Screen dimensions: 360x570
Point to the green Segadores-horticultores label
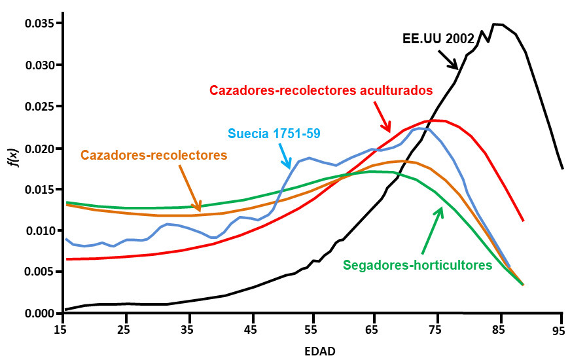(x=418, y=265)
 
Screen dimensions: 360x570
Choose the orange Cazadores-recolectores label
(x=154, y=155)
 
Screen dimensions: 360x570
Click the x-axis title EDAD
(x=320, y=351)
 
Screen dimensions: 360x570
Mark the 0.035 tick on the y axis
(x=39, y=24)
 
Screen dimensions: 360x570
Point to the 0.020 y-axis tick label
(x=39, y=148)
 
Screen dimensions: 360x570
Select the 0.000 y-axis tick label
(x=39, y=314)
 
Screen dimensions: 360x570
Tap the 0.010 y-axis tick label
(x=39, y=230)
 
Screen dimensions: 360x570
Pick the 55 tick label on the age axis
(x=312, y=331)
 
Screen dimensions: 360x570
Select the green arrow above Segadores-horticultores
(x=433, y=229)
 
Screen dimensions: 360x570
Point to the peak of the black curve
(x=495, y=24)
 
